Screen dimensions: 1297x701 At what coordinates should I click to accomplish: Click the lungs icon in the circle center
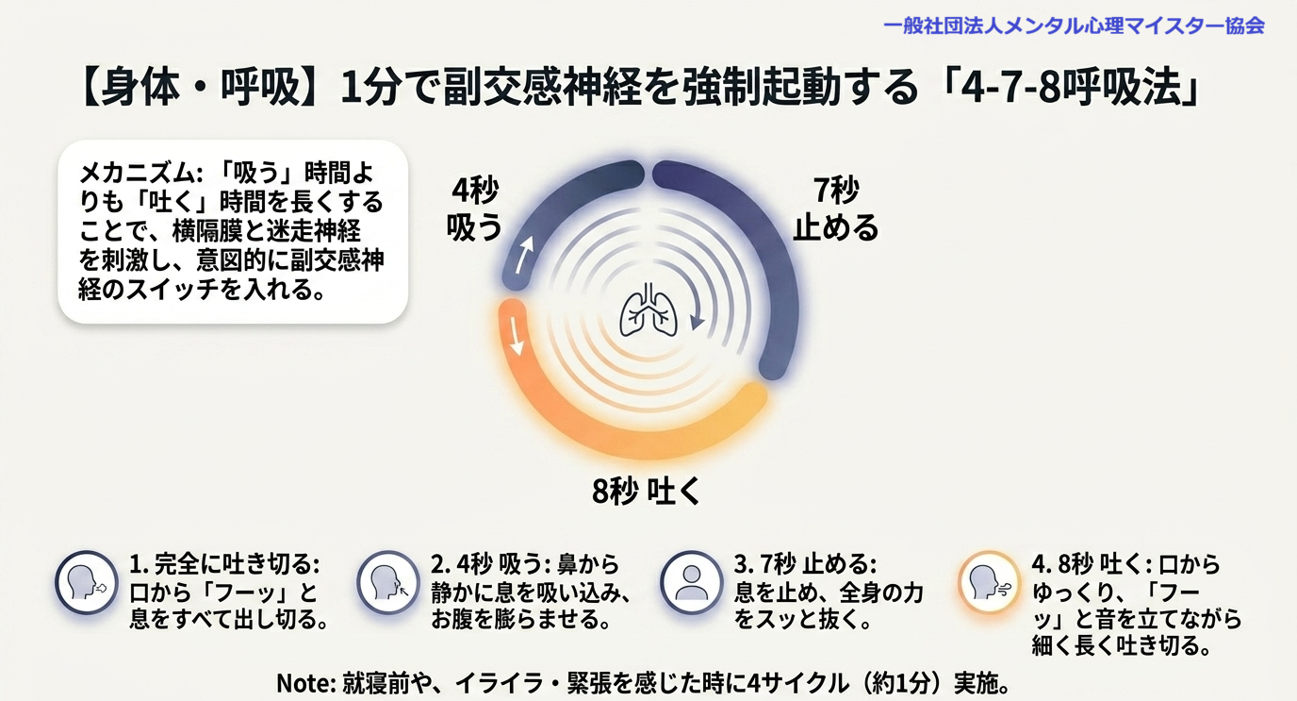(648, 309)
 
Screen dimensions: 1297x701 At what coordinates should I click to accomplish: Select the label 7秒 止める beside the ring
(835, 208)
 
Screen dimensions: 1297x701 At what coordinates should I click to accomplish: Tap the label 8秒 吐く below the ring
(647, 492)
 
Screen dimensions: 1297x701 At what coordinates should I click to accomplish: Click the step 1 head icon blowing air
(87, 582)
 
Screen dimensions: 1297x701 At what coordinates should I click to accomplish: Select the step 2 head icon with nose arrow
(387, 582)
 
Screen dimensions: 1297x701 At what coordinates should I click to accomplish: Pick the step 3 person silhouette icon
(691, 582)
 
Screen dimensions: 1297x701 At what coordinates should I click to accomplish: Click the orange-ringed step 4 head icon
(989, 582)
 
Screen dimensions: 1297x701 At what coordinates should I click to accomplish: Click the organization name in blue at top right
(1075, 25)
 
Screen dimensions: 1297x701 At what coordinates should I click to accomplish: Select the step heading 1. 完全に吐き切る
(224, 564)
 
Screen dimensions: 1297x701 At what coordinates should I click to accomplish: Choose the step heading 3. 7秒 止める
(805, 564)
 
